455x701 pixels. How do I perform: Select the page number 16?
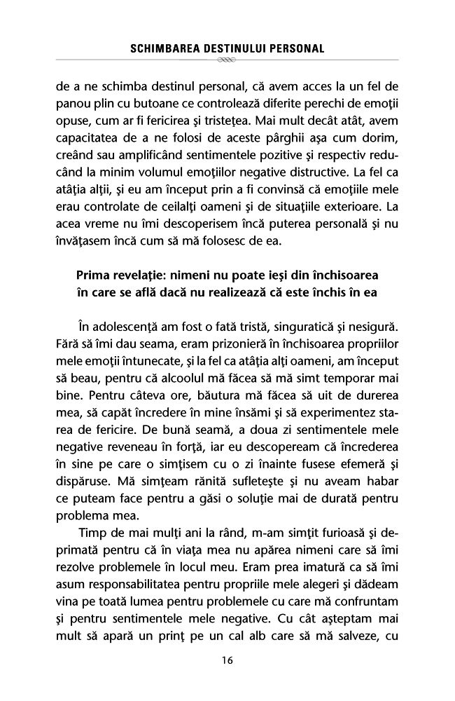coord(227,660)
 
